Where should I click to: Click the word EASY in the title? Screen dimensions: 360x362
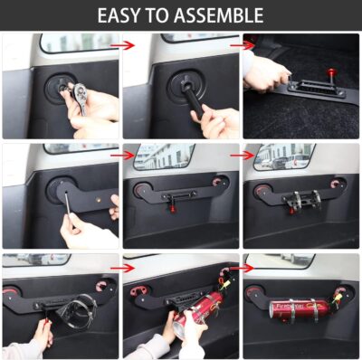[125, 15]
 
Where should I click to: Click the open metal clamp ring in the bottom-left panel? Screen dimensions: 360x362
[78, 308]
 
